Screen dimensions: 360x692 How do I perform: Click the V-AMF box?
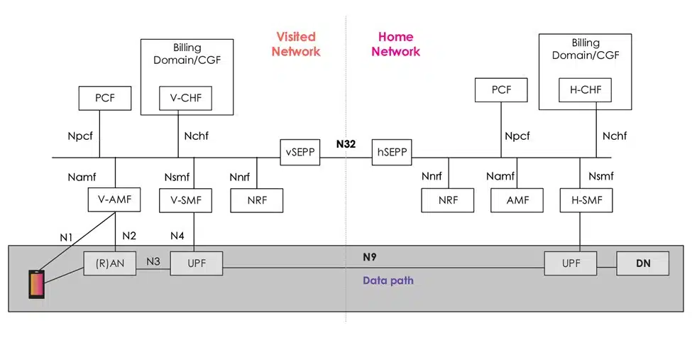[x=114, y=200]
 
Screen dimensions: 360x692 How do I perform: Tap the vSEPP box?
[x=301, y=151]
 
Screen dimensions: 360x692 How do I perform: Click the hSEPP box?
[x=392, y=151]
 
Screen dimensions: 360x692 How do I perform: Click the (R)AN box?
[x=109, y=263]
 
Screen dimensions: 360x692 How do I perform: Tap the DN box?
[x=643, y=263]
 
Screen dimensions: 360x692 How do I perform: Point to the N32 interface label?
[x=346, y=143]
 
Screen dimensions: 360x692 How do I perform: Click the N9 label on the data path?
[x=370, y=257]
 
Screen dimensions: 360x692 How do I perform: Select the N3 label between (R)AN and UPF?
[x=153, y=260]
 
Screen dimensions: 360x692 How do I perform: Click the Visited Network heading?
[x=296, y=44]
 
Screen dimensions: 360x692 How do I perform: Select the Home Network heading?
[x=395, y=44]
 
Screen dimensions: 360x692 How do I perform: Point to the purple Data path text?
[x=388, y=280]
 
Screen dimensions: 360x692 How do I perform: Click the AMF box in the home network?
[x=517, y=200]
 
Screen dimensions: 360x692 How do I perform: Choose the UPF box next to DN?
[x=570, y=263]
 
